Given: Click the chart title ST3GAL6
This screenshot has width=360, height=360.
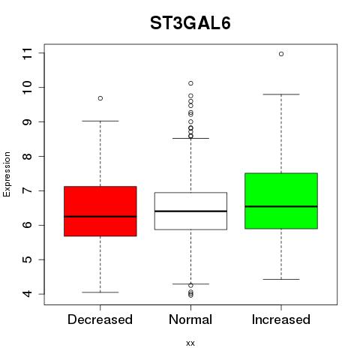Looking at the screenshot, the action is coord(190,23).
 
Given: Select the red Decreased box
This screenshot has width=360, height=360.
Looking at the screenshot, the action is coord(100,211).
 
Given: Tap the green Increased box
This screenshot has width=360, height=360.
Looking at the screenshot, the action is coord(281,201).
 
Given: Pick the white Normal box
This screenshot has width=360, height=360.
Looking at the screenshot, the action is coord(190,211).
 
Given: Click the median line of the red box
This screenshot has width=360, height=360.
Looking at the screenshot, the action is coord(100,217).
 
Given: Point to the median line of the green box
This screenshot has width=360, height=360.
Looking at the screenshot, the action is coord(281,206).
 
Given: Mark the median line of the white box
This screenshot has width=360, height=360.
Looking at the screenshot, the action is coord(190,211).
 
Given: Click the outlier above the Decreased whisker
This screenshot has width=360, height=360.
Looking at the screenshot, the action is coord(100,98).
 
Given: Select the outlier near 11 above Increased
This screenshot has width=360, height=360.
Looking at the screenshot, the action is coord(281,54).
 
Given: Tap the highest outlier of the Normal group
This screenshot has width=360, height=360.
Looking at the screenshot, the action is coord(190,83).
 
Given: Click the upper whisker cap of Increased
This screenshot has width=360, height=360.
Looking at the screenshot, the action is coord(281,94).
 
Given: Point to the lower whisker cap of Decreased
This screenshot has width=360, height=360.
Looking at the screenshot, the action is coord(100,292).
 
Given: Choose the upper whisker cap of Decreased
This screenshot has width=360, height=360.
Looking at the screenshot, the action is coord(100,121).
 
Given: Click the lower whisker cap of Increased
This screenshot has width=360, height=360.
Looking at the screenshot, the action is coord(281,279).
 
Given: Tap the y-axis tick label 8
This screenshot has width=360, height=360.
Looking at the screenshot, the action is coord(27,156).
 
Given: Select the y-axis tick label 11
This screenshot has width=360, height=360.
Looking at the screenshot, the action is coord(27,53).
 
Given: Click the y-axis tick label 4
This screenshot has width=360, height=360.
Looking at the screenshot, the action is coord(27,294).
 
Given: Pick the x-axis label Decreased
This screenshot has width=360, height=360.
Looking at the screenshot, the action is coord(100,319).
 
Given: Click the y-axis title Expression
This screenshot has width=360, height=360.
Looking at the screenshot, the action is coord(7,175).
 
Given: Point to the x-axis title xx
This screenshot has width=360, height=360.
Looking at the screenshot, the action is coord(190,343).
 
